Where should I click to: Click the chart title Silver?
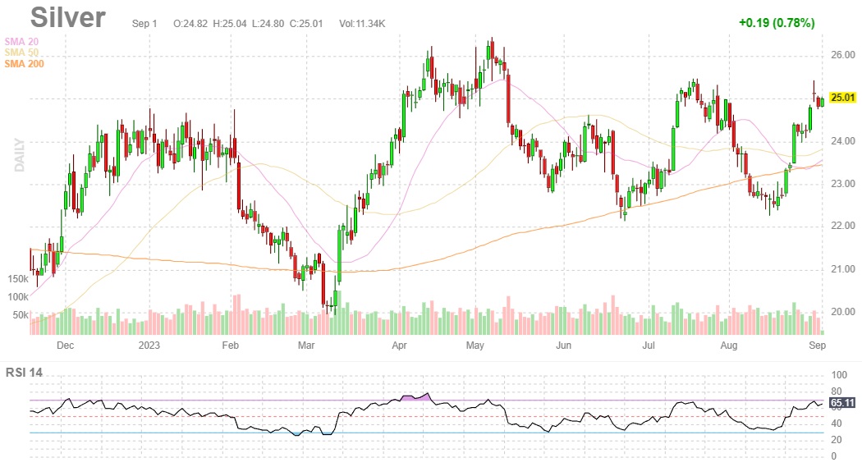[x=68, y=18]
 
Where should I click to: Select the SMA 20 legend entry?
[x=21, y=41]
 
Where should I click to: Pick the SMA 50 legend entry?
[x=21, y=53]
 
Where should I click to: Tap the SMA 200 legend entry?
[x=24, y=64]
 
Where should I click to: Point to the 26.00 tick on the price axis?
[x=842, y=56]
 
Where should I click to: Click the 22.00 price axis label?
[x=842, y=227]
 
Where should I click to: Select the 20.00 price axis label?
[x=842, y=312]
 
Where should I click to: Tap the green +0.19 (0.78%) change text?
[x=776, y=23]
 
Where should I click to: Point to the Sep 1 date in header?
[x=144, y=24]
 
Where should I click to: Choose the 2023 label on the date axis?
[x=149, y=346]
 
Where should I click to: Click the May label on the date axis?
[x=475, y=346]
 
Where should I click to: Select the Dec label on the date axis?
[x=65, y=346]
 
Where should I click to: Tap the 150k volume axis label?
[x=17, y=279]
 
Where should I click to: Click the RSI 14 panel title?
[x=24, y=373]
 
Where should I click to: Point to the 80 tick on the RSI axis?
[x=837, y=391]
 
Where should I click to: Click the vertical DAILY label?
[x=18, y=154]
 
